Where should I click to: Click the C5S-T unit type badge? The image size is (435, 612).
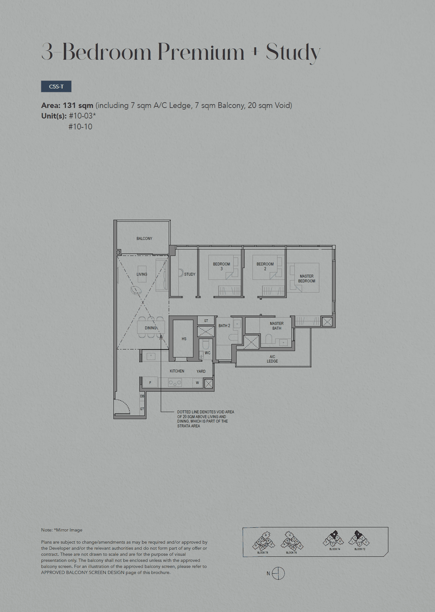coord(56,87)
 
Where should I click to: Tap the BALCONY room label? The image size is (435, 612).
coord(144,239)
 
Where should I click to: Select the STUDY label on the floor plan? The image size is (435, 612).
coord(190,274)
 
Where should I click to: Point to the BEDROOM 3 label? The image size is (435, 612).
coord(221,266)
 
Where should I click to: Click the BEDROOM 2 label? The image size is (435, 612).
coord(265,266)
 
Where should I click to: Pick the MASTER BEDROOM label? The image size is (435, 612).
coord(307,279)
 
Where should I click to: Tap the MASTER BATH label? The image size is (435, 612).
coord(276,326)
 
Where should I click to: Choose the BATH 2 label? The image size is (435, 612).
coord(224,326)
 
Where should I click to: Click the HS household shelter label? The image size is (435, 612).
coord(184,339)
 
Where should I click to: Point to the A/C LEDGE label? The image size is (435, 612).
coord(272,359)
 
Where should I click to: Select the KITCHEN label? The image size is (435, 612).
coord(177,371)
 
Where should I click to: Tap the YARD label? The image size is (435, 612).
coord(201,371)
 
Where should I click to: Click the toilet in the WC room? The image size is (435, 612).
coord(206,344)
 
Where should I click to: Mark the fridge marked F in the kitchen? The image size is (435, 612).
coord(150,383)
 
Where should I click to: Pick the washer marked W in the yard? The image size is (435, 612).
coord(197,383)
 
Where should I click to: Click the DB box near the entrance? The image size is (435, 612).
coord(142,396)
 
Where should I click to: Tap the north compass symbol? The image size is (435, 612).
coord(278,573)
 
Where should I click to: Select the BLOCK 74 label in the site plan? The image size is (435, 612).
coord(335,549)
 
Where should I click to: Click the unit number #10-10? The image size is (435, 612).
coord(80,127)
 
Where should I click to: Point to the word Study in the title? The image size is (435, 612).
coord(293,52)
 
